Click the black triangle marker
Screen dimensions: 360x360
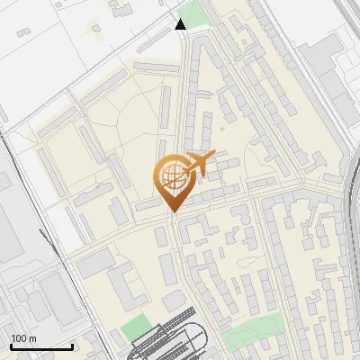click(x=181, y=24)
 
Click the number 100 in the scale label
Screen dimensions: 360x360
click(x=18, y=338)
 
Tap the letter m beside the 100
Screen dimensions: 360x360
click(x=31, y=338)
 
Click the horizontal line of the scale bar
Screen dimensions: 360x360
click(x=41, y=346)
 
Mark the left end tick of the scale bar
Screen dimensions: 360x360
click(x=11, y=346)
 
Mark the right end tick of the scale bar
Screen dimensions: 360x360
click(x=72, y=346)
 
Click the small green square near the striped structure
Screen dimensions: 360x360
click(x=136, y=327)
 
